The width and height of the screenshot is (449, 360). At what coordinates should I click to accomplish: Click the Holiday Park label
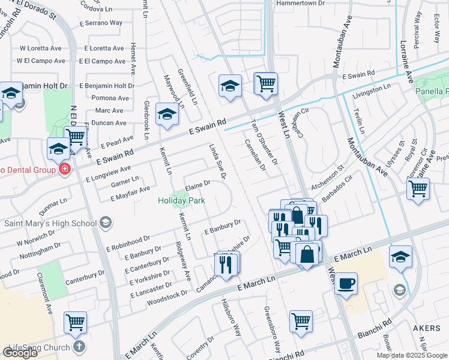tap(181, 200)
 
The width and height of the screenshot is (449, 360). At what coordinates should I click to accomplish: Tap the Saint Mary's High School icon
tap(106, 224)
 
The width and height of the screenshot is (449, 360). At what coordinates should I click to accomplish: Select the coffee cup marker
tap(346, 283)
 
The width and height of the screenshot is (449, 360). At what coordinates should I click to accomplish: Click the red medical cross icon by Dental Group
tap(64, 170)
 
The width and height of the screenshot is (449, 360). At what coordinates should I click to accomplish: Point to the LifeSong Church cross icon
tap(79, 347)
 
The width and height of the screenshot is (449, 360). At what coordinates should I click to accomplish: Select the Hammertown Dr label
tap(300, 3)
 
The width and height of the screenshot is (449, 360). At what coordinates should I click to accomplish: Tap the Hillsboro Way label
tap(231, 317)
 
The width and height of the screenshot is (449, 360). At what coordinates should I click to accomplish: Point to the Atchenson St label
tap(327, 178)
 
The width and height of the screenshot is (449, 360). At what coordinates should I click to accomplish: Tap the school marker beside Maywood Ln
tap(167, 114)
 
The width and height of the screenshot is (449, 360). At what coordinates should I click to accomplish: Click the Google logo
tap(20, 353)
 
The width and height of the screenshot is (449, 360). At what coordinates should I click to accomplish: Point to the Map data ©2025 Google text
tap(412, 355)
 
